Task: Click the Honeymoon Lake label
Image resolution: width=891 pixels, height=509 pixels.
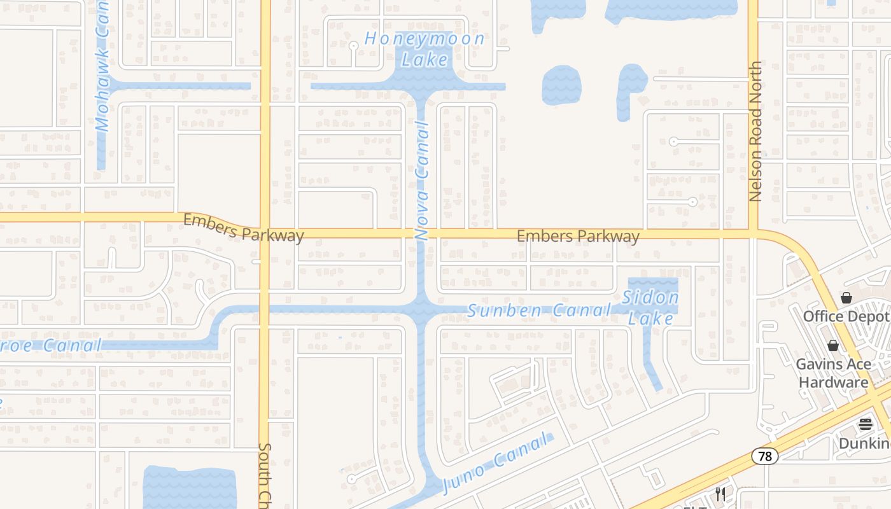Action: click(424, 49)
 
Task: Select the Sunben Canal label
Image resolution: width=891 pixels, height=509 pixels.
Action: click(539, 310)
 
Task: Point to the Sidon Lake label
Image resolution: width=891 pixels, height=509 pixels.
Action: click(650, 307)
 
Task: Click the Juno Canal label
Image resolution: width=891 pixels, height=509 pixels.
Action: click(495, 463)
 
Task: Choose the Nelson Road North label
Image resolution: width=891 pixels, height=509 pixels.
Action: click(755, 132)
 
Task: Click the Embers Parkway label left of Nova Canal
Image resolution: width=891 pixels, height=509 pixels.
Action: click(243, 228)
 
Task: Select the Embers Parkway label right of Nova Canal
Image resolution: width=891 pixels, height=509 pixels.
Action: click(578, 237)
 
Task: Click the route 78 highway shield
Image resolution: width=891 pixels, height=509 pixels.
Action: click(764, 456)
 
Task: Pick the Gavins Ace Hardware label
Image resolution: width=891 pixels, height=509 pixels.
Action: click(833, 373)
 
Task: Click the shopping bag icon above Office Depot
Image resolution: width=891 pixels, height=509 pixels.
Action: click(846, 297)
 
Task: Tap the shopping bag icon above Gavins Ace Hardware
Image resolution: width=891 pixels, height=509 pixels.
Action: click(832, 345)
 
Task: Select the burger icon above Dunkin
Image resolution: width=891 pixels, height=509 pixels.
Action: click(866, 424)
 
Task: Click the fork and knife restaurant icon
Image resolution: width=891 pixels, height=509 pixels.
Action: click(720, 494)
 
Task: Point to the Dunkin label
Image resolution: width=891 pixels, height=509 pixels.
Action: click(864, 443)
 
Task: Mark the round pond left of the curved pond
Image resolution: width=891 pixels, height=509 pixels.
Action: click(561, 85)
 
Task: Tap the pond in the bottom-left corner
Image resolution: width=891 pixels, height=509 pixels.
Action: click(189, 487)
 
